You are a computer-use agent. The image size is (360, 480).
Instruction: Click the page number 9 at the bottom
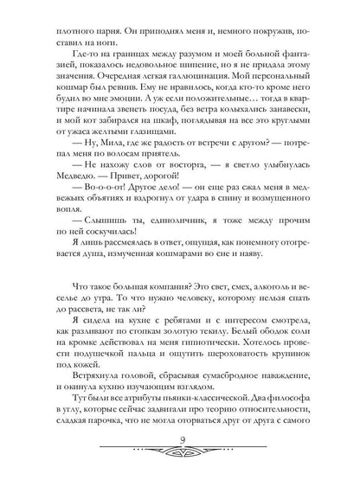coord(180,445)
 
